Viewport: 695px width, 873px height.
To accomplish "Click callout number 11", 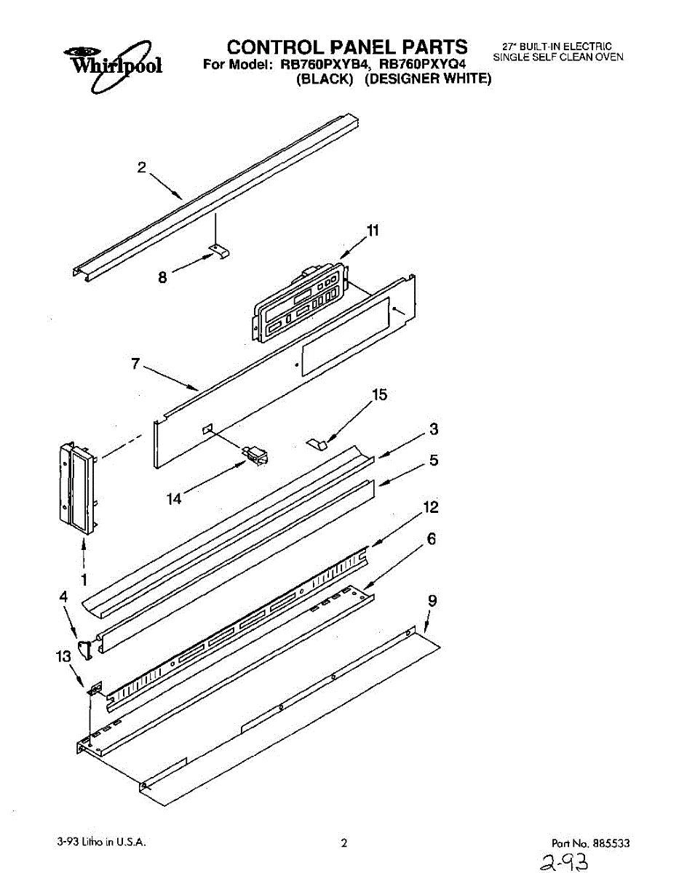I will (x=373, y=231).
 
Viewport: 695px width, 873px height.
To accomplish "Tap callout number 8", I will (x=162, y=276).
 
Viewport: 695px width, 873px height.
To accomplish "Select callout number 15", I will (x=379, y=395).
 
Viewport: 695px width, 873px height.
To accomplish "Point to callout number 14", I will (x=175, y=500).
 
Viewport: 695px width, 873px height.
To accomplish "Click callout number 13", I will (x=64, y=656).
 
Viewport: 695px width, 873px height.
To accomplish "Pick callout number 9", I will (x=432, y=601).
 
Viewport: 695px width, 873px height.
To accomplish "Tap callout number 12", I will (x=431, y=508).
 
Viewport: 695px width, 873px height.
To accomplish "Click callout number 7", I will (x=135, y=364).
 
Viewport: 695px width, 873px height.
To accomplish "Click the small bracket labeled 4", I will (x=86, y=648).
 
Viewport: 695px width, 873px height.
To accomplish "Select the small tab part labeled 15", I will (x=317, y=442).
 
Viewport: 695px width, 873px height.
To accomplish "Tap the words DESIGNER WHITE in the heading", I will (x=428, y=79).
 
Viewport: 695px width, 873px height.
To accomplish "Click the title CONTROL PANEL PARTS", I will (x=346, y=47).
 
